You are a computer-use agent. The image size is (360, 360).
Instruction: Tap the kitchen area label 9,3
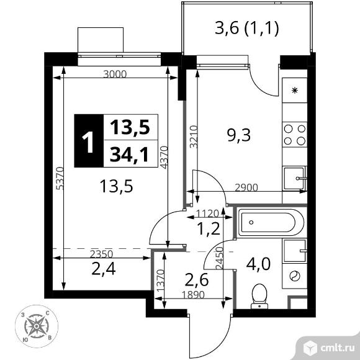[x=239, y=135]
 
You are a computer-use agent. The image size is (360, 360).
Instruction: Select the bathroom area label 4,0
[x=258, y=264]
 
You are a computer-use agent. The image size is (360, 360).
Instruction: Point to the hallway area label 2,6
[x=197, y=280]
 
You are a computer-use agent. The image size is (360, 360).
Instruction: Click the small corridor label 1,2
[x=209, y=229]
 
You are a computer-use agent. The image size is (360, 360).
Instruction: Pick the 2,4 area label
[x=103, y=269]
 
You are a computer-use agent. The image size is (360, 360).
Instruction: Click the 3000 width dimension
[x=115, y=74]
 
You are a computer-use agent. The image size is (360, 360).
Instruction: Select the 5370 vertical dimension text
[x=60, y=178]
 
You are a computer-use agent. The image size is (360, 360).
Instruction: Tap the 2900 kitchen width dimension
[x=246, y=187]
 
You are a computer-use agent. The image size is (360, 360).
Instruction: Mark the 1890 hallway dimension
[x=193, y=295]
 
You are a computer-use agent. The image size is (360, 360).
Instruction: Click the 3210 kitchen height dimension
[x=194, y=137]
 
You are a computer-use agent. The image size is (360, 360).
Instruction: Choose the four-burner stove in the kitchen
[x=295, y=135]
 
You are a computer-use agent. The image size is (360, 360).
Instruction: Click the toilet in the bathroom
[x=259, y=296]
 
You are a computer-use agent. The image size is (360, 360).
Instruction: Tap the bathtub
[x=271, y=222]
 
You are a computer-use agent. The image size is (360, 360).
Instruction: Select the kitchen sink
[x=295, y=178]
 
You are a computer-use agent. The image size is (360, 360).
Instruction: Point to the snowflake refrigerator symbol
[x=295, y=91]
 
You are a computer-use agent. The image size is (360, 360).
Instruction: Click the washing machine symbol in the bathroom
[x=295, y=276]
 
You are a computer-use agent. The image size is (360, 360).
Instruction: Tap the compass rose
[x=37, y=326]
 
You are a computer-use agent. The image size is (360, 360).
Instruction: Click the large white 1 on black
[x=88, y=142]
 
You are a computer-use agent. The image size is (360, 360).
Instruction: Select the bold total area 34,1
[x=129, y=155]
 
